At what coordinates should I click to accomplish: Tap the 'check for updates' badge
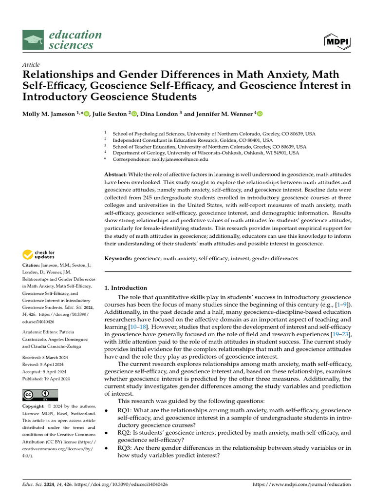[38, 254]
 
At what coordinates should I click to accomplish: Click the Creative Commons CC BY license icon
[40, 395]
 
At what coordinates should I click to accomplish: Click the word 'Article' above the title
[31, 65]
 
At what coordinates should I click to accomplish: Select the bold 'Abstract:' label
[116, 174]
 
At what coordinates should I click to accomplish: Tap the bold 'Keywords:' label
[118, 258]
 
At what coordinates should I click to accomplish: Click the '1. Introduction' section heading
[126, 288]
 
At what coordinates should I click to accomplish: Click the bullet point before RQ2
[107, 433]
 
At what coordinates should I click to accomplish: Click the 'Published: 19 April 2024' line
[46, 379]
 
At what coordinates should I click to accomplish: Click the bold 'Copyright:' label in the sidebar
[36, 406]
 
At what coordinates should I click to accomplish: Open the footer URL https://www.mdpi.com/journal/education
[302, 485]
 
